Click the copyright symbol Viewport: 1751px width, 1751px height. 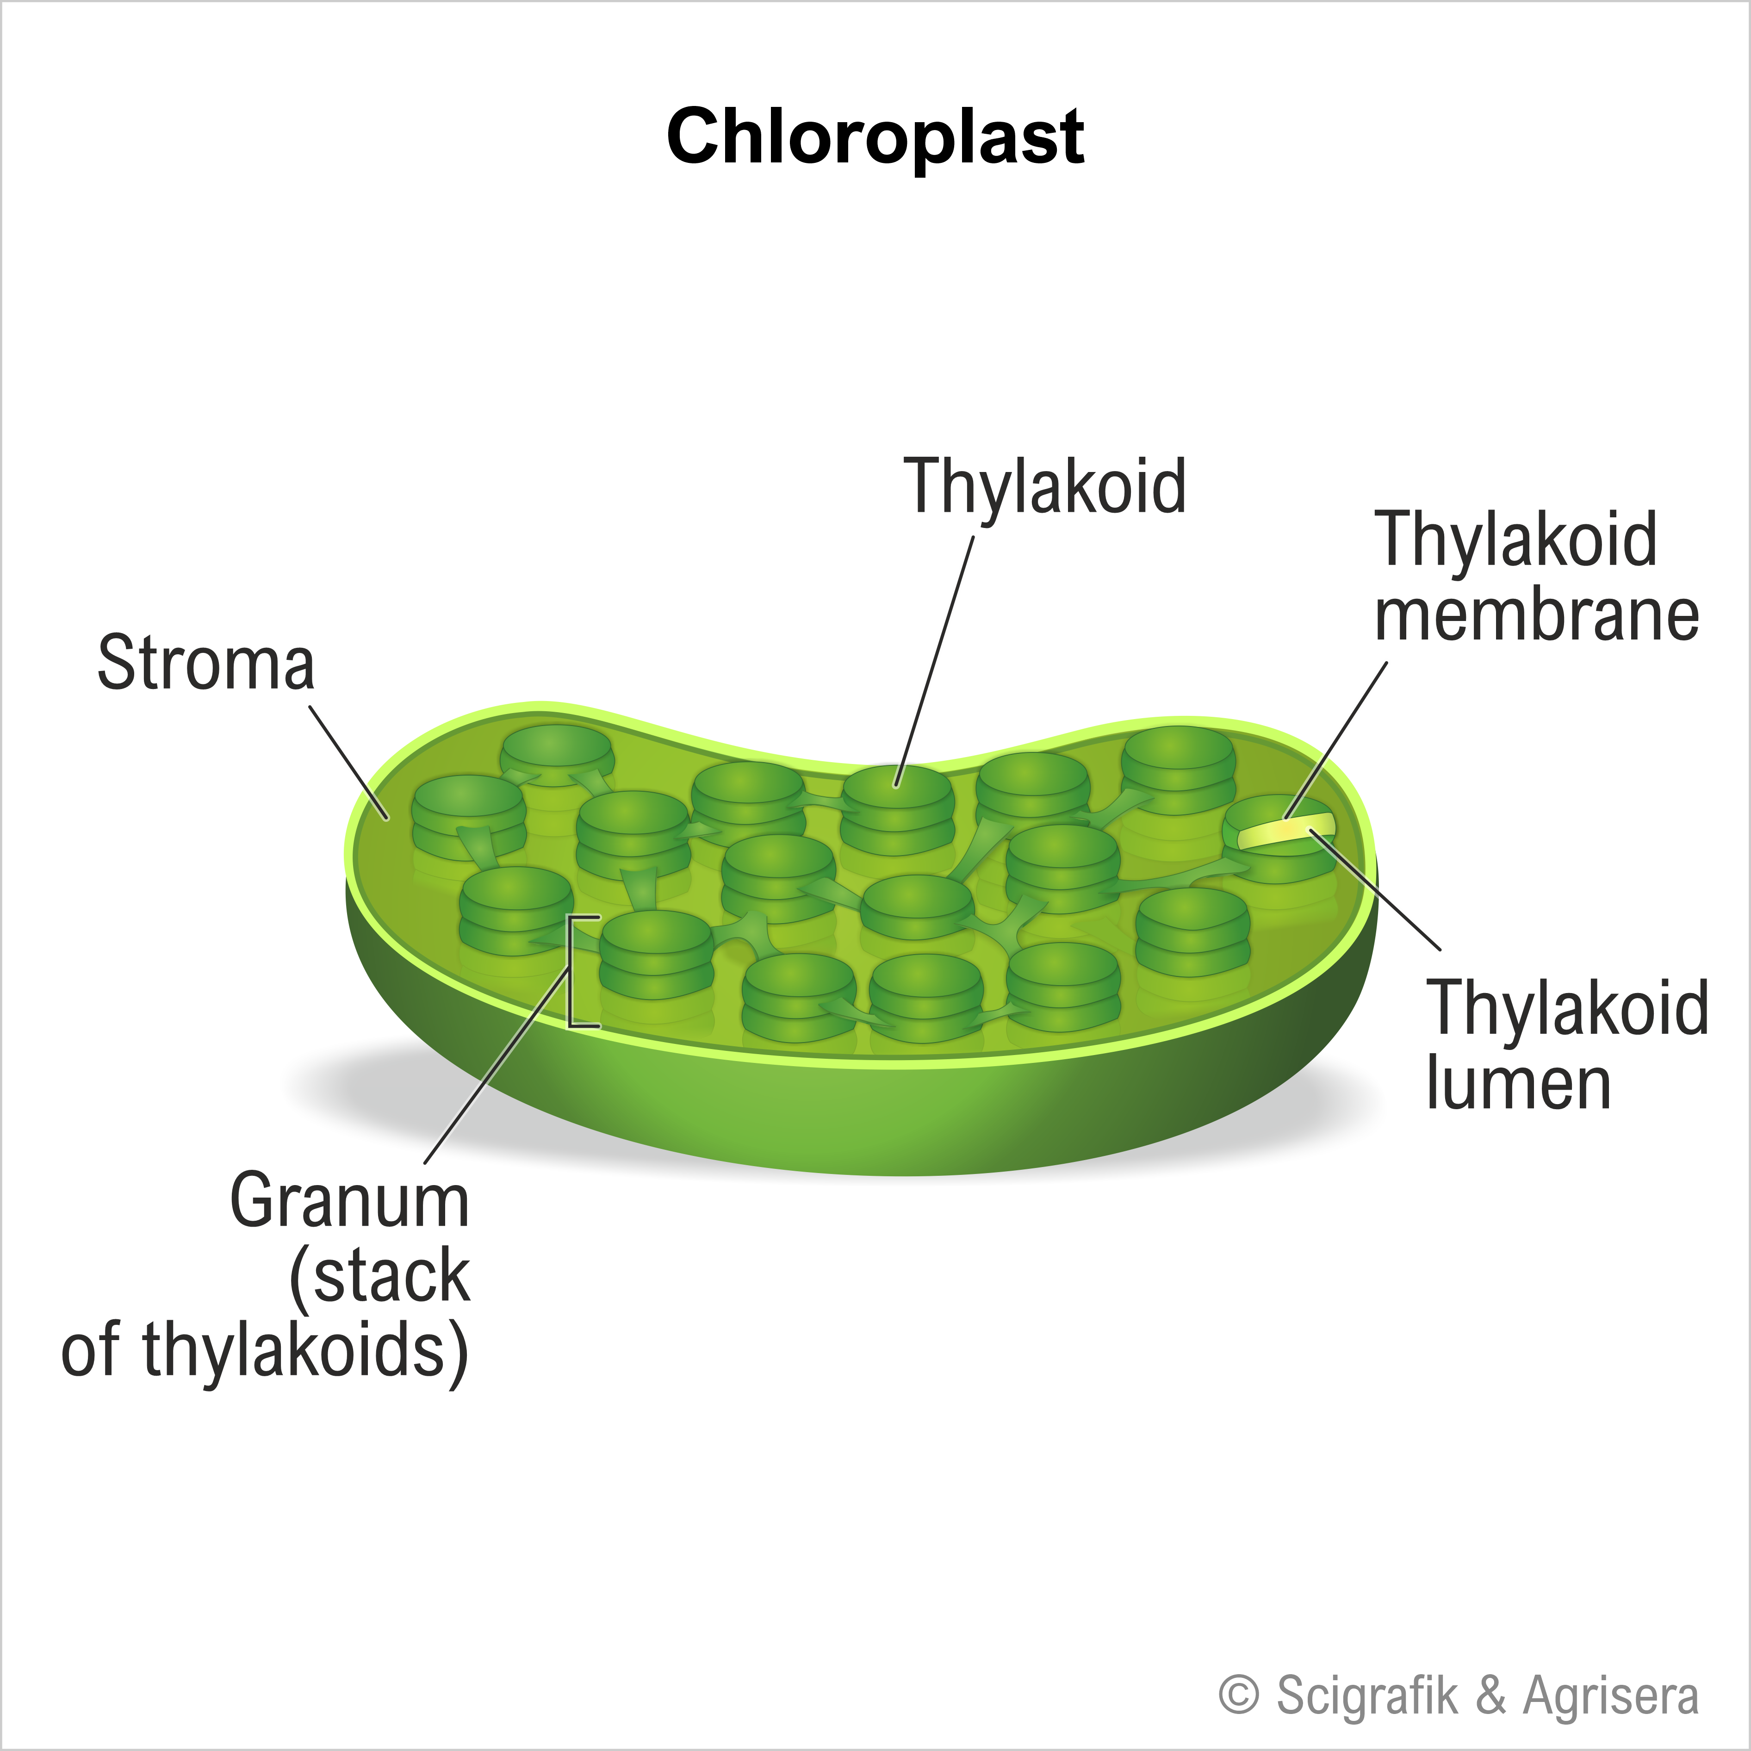[x=1239, y=1694]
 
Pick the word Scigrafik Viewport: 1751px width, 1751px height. [x=1368, y=1694]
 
